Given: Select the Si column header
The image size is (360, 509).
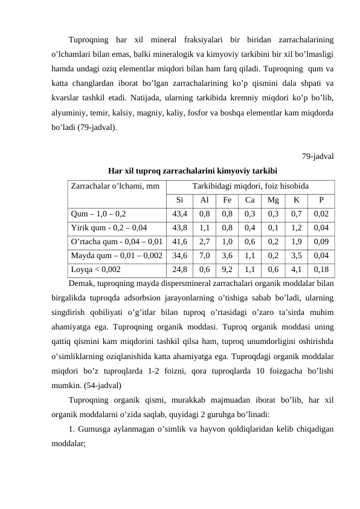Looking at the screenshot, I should (x=179, y=199).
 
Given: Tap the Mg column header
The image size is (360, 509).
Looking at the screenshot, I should (x=272, y=199).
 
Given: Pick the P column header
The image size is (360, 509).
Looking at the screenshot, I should (x=321, y=199).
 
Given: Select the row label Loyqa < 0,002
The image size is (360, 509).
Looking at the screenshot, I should (x=95, y=269).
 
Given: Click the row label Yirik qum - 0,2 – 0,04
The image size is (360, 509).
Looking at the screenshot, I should (x=108, y=227).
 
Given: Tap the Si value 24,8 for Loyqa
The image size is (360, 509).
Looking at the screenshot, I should (x=179, y=269).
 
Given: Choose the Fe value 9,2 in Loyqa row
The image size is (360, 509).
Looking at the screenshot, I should (x=227, y=269).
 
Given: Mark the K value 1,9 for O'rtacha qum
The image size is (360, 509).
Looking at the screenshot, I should (x=296, y=241).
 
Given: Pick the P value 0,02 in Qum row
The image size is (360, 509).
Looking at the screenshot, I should (x=321, y=213).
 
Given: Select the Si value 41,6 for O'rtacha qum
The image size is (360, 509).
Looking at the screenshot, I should (x=179, y=241).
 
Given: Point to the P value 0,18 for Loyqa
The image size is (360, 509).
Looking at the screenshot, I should (x=321, y=269).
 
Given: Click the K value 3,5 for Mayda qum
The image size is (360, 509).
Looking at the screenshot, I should (x=296, y=255).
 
